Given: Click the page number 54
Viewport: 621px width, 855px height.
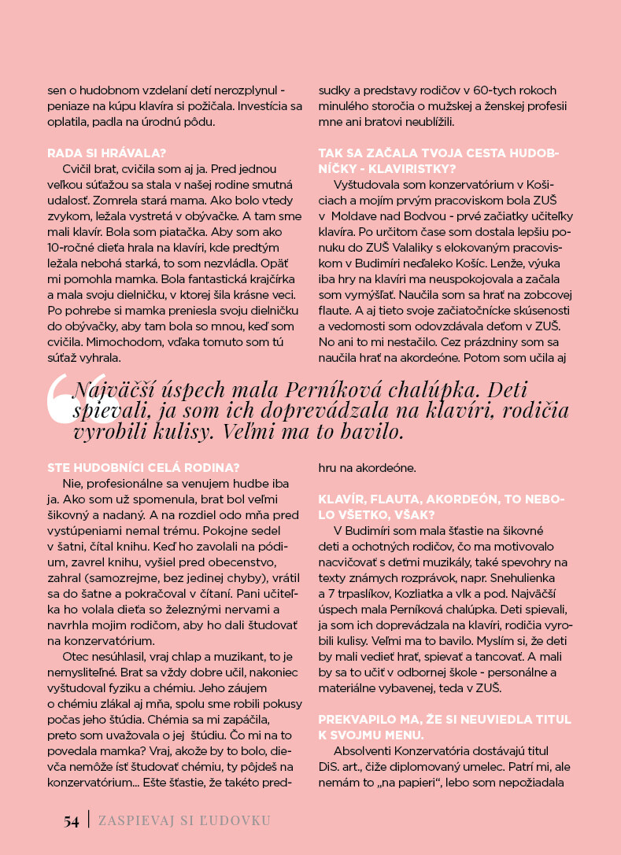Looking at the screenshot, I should tap(72, 821).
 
